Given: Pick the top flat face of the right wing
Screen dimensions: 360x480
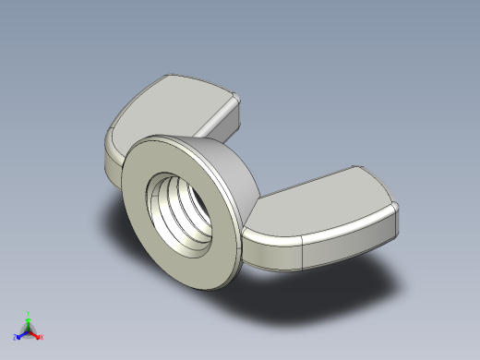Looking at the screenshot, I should [x=323, y=198].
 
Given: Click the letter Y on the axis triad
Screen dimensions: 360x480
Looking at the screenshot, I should [x=29, y=312].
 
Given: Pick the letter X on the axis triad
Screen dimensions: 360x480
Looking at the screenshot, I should [x=42, y=337].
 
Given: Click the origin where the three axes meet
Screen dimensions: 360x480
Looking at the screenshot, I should [x=29, y=330].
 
